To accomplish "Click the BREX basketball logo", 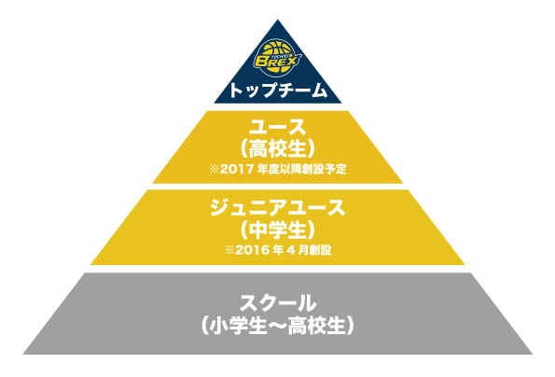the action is click(x=277, y=59).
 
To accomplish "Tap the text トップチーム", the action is click(x=278, y=90).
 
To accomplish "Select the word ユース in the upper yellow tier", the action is click(x=278, y=127).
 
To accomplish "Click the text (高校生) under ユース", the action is click(x=278, y=148).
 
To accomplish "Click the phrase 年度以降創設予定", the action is click(x=301, y=169).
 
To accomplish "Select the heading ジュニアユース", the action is click(x=278, y=208).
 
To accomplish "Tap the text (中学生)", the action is click(x=278, y=230).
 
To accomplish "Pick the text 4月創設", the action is click(x=309, y=250).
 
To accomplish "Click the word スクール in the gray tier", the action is click(x=278, y=303).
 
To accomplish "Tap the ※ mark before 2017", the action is click(x=215, y=169).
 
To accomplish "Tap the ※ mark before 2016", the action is click(x=229, y=250).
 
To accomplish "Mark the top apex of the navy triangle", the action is click(x=278, y=20).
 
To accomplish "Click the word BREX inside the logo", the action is click(x=276, y=62).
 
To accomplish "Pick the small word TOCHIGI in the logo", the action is click(x=281, y=55).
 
